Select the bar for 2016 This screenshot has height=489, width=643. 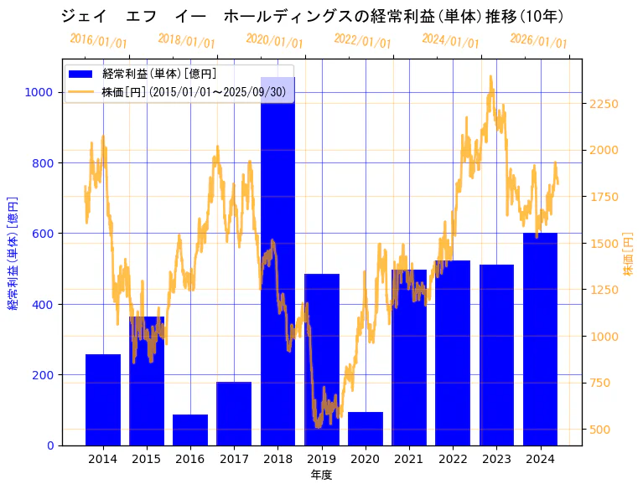(x=190, y=430)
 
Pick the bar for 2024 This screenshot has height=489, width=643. (x=540, y=339)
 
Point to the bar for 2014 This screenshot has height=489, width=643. (x=103, y=399)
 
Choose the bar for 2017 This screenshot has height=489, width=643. (x=234, y=414)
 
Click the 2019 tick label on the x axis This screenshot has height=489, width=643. (x=321, y=459)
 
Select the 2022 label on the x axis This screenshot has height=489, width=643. (x=453, y=459)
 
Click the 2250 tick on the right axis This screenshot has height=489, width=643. (x=604, y=104)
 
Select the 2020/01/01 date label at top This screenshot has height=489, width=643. (x=275, y=41)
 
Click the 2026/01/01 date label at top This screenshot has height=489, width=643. (x=538, y=41)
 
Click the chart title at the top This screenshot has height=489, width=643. (x=312, y=16)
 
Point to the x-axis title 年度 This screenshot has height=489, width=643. (x=321, y=475)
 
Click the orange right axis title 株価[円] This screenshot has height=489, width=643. (x=628, y=255)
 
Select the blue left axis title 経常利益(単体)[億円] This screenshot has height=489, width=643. (x=13, y=253)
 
